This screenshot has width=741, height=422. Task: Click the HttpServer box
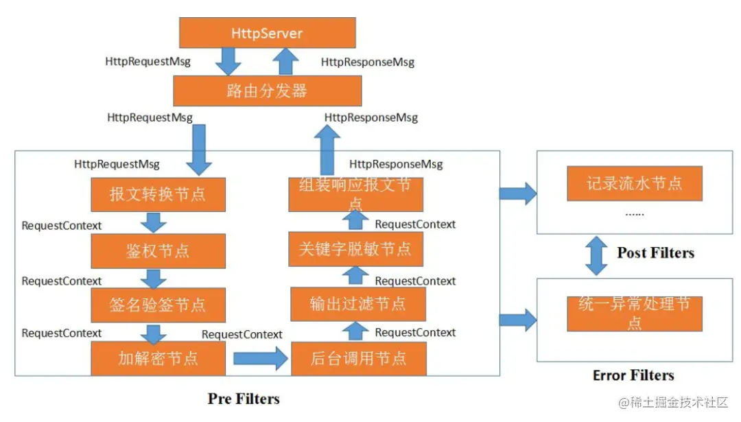coord(268,33)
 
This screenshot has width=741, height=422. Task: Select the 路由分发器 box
coord(268,91)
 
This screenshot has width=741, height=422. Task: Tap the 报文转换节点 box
coord(158,194)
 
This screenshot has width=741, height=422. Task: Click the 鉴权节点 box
coord(158,250)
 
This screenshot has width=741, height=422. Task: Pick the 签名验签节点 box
coord(158,305)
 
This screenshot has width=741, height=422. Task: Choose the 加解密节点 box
coord(158,358)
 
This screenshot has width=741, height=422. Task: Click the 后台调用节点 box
coord(359,358)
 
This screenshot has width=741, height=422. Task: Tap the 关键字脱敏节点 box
coord(355,249)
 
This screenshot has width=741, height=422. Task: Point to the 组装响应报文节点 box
coord(355,194)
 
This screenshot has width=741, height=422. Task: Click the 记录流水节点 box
coord(635,184)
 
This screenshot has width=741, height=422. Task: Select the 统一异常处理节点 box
coord(635,314)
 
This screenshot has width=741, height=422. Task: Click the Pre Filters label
coord(244,399)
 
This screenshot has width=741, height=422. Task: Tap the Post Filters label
coord(655,253)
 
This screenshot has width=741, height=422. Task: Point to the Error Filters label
coord(633,375)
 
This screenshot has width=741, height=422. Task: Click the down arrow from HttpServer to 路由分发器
coord(228,62)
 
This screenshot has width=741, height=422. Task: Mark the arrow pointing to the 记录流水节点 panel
coord(518,193)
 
